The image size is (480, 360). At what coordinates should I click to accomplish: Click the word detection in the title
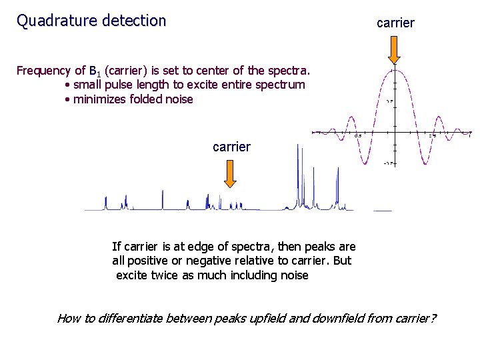click(133, 21)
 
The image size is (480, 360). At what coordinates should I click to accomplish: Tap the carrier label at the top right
click(395, 23)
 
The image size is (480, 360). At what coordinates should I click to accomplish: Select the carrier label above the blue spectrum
click(231, 147)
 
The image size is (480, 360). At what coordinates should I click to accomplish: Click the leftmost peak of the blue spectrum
click(105, 202)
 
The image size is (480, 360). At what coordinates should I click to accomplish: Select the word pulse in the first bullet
click(121, 85)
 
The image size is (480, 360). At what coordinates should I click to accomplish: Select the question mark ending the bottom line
click(433, 318)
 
